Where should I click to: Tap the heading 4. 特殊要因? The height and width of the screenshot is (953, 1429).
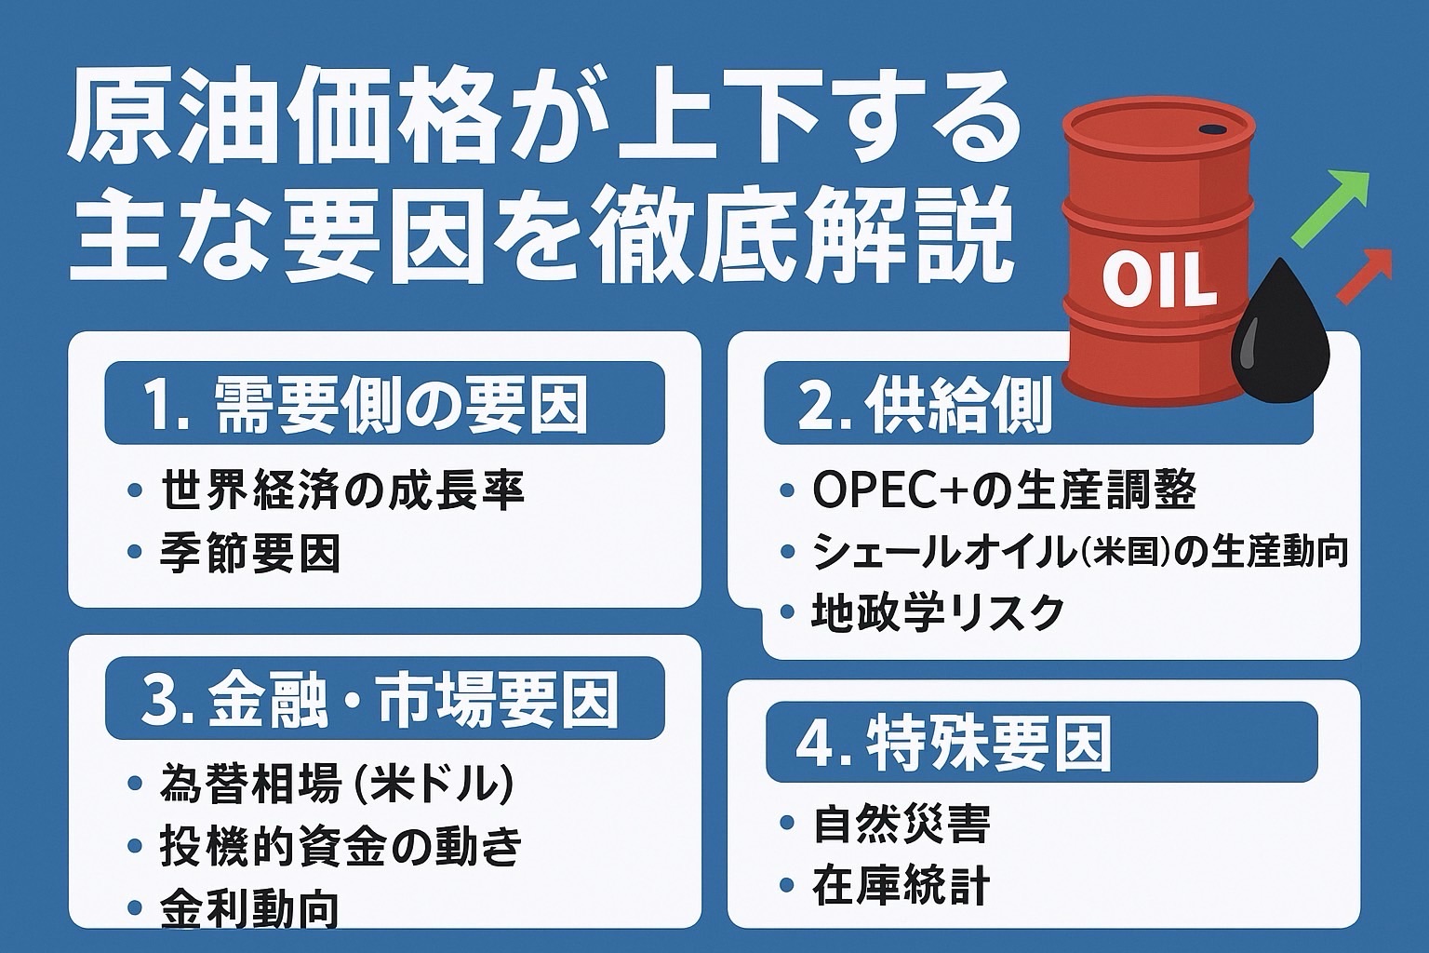pyautogui.click(x=953, y=742)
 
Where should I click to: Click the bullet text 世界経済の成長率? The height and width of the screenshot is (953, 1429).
pyautogui.click(x=342, y=490)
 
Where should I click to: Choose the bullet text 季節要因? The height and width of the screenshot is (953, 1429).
pyautogui.click(x=249, y=553)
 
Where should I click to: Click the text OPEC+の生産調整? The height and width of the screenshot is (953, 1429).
pyautogui.click(x=1004, y=490)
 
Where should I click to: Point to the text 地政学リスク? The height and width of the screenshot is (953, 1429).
pyautogui.click(x=938, y=612)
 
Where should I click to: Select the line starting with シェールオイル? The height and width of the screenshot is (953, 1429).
pyautogui.click(x=1080, y=552)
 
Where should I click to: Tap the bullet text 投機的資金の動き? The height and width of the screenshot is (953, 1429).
pyautogui.click(x=341, y=847)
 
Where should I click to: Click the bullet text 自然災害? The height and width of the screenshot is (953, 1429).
pyautogui.click(x=901, y=824)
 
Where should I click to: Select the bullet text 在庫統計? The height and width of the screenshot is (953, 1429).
pyautogui.click(x=901, y=885)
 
